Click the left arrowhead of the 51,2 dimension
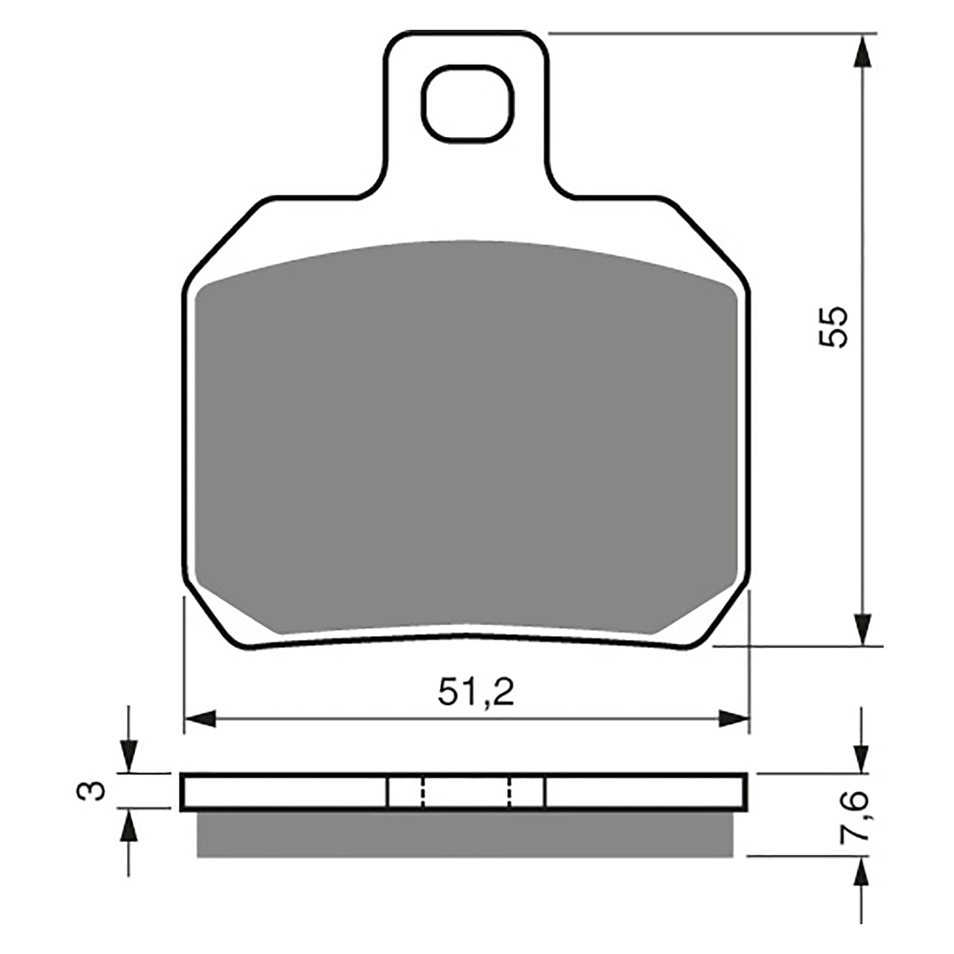(199, 719)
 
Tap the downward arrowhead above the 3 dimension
(129, 757)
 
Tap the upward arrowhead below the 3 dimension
(129, 825)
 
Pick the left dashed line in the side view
(422, 792)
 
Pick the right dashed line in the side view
(510, 792)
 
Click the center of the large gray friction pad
(466, 435)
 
